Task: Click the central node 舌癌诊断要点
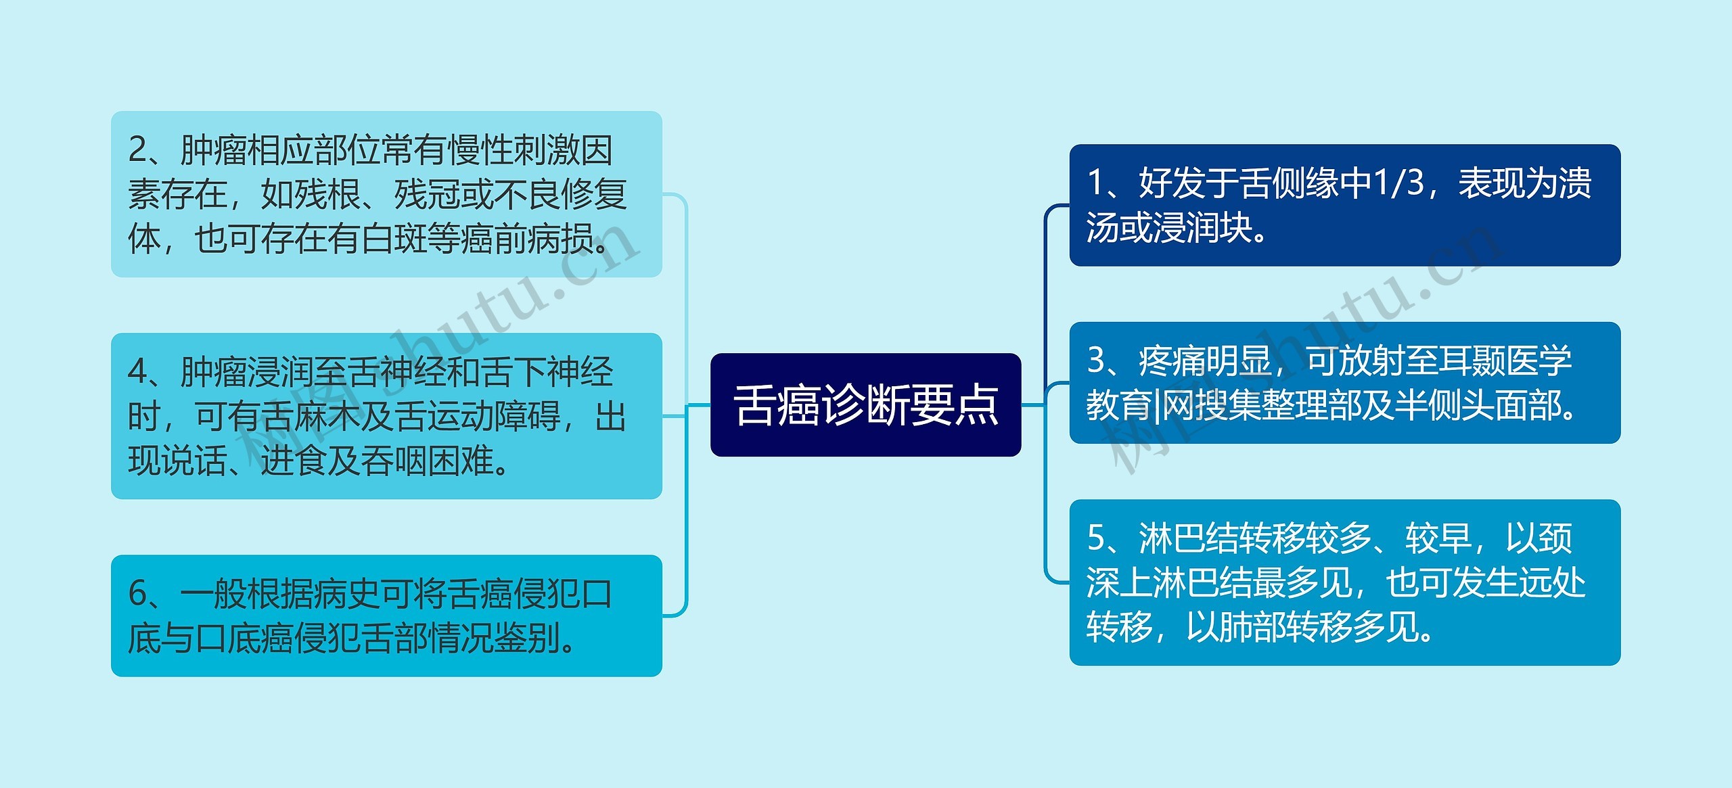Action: tap(865, 405)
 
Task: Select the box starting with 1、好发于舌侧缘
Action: tap(1344, 205)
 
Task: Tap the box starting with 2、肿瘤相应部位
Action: tap(386, 194)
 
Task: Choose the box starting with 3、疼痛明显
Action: tap(1344, 383)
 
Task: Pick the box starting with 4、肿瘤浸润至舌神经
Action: tap(386, 416)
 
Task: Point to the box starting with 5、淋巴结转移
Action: tap(1344, 582)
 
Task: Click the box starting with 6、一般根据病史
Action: tap(386, 616)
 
